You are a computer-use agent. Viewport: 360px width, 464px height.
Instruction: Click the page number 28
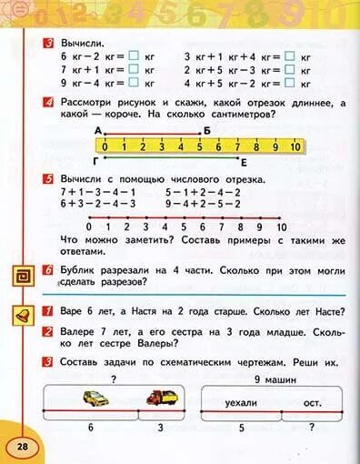click(21, 445)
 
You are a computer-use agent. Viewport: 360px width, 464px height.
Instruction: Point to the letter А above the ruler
click(98, 132)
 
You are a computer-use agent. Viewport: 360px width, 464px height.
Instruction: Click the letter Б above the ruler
click(206, 132)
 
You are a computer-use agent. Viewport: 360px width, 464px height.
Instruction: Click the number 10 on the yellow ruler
click(295, 146)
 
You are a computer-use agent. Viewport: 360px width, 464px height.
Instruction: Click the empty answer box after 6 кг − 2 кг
click(133, 56)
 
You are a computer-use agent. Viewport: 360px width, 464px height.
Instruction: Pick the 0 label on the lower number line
click(88, 227)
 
